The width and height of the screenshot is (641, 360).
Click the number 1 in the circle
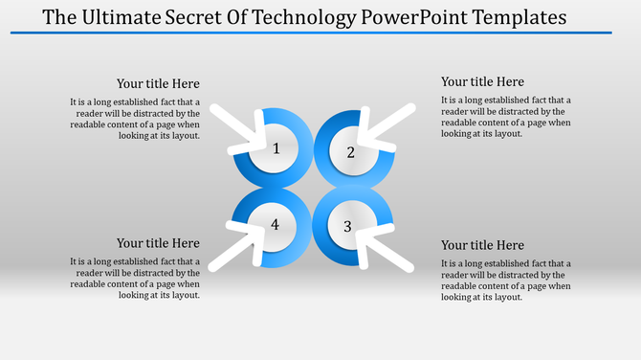(276, 148)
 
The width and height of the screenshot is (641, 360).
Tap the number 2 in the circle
(350, 152)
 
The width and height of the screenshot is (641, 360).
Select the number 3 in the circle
(348, 226)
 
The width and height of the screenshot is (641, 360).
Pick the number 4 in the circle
(276, 224)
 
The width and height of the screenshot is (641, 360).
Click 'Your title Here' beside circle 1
(158, 84)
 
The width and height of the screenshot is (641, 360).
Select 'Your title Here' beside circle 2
(482, 82)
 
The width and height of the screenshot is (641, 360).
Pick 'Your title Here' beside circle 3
(482, 246)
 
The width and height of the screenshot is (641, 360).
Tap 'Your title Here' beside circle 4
(158, 243)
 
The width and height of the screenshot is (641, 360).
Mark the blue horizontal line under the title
(311, 33)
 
